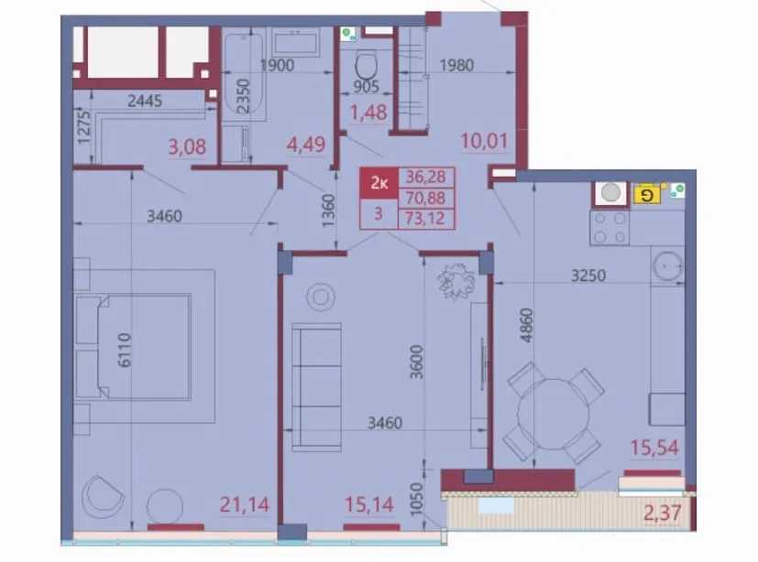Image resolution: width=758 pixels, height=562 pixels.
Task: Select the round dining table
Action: (x=554, y=414)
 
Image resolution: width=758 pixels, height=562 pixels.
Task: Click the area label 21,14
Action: (x=244, y=504)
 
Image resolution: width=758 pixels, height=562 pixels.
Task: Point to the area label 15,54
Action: (x=654, y=448)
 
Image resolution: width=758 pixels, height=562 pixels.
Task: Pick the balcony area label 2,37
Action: (x=663, y=513)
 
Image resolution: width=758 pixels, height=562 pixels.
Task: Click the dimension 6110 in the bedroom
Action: (x=125, y=350)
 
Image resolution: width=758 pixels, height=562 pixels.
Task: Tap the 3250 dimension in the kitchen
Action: (x=588, y=276)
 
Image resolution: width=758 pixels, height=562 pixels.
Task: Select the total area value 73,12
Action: (x=425, y=219)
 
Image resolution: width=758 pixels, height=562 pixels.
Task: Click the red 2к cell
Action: (x=379, y=183)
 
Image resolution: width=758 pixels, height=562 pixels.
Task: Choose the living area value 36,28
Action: (x=425, y=177)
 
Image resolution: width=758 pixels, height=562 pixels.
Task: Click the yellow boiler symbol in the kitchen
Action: (x=647, y=195)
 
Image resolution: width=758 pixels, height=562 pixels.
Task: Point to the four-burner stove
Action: (x=610, y=227)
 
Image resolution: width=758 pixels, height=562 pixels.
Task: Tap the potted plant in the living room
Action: (x=456, y=281)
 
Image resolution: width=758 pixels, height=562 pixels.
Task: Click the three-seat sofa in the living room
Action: (x=316, y=387)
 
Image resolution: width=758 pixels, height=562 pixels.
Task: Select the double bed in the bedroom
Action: (x=133, y=347)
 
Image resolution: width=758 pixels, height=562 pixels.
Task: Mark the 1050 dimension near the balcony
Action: (x=416, y=500)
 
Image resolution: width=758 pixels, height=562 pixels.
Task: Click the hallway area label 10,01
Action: (x=484, y=141)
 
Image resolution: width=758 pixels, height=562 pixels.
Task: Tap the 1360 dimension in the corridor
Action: (x=328, y=211)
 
